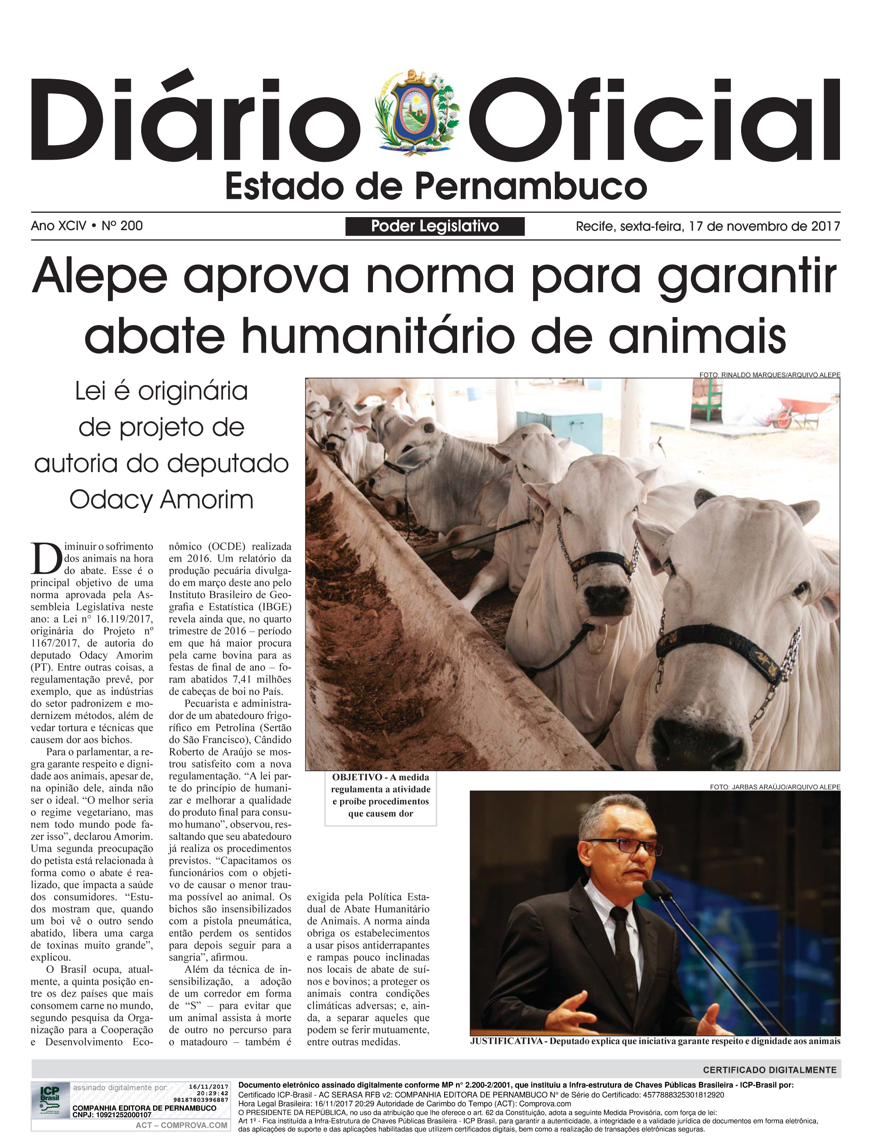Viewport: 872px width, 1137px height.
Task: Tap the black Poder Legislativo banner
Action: (x=435, y=226)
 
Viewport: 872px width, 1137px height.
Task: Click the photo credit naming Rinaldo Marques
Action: (x=769, y=375)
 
